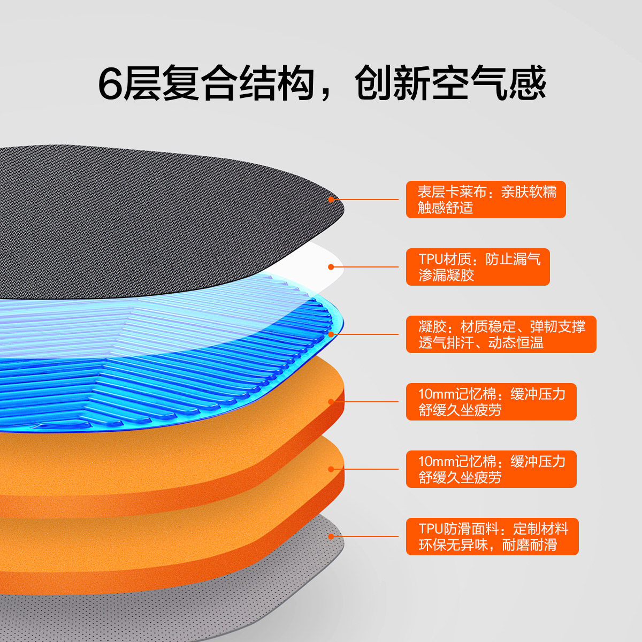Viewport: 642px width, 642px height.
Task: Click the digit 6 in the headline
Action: pos(111,84)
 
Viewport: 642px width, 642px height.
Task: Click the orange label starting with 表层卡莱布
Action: pos(485,200)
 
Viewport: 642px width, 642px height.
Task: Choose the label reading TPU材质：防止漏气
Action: pos(477,267)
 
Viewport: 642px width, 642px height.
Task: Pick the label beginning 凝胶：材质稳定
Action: pos(501,334)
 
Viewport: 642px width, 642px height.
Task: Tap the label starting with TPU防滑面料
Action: pos(492,537)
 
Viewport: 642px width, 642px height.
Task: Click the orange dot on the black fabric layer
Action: pos(331,200)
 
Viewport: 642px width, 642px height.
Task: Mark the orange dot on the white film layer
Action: pos(331,267)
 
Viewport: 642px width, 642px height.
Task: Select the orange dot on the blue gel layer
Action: pos(331,334)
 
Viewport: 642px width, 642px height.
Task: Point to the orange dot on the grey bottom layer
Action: pos(331,537)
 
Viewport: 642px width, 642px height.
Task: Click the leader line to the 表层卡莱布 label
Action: pos(369,200)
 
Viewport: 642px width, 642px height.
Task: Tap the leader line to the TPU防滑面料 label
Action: pos(369,537)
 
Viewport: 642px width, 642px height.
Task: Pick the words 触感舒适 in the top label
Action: pos(445,208)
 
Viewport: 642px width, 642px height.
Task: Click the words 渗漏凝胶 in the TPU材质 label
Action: pos(446,276)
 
